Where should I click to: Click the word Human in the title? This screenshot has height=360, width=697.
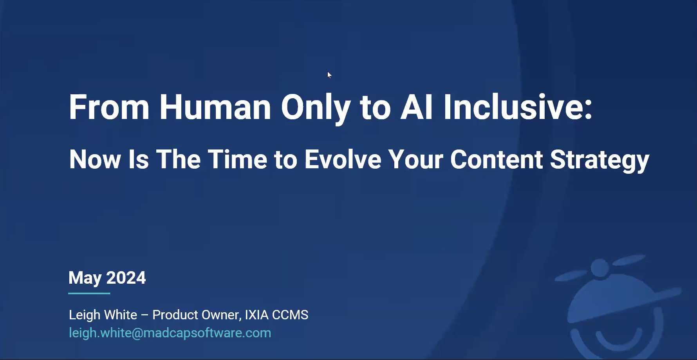coord(215,107)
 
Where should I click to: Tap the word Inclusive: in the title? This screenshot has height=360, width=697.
coord(518,107)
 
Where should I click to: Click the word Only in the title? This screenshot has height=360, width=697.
coord(315,109)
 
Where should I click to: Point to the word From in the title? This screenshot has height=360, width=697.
coord(109,107)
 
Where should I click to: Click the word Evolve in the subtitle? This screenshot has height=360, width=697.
coord(343,159)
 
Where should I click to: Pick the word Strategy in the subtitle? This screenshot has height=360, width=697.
coord(599,161)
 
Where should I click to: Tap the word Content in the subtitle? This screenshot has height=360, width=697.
coord(497,159)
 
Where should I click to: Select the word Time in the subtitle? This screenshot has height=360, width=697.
coord(237,159)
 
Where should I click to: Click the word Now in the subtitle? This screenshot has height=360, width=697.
coord(95,159)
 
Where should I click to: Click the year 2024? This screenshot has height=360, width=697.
coord(126,278)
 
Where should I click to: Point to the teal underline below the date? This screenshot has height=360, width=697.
coord(89,293)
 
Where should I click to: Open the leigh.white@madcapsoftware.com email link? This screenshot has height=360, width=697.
coord(170,333)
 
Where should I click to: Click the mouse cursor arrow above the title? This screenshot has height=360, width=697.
coord(329,75)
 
